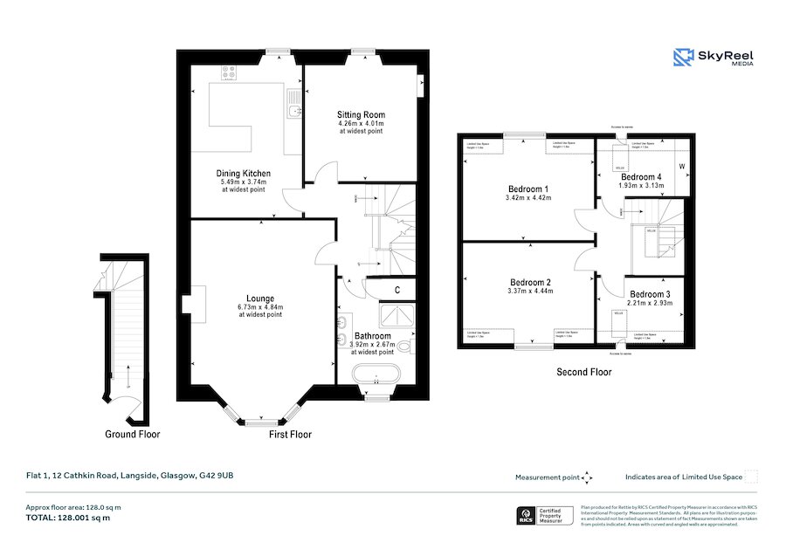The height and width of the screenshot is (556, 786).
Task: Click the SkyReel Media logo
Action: click(x=714, y=58)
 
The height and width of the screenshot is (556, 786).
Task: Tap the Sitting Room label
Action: click(x=361, y=114)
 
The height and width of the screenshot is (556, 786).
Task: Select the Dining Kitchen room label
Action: click(x=243, y=174)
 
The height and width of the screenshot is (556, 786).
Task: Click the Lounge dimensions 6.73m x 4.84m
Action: click(x=260, y=307)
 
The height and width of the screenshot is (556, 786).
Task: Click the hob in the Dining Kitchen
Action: click(x=230, y=74)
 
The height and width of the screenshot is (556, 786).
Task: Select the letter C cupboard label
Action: click(x=396, y=290)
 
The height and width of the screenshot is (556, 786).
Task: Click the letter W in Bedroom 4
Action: click(x=681, y=166)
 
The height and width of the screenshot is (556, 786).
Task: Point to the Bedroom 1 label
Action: click(x=528, y=189)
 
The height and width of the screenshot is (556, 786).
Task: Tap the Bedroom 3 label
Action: click(x=650, y=294)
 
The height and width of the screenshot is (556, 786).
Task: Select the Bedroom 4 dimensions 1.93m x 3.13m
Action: click(x=640, y=185)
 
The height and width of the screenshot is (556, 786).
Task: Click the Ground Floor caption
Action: click(x=133, y=434)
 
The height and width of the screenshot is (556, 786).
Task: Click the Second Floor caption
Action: click(x=584, y=372)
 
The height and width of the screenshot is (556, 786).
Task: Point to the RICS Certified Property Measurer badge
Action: click(x=547, y=516)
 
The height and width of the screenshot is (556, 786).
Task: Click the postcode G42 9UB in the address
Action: click(x=217, y=476)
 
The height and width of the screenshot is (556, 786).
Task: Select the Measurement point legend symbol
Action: click(x=587, y=477)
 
